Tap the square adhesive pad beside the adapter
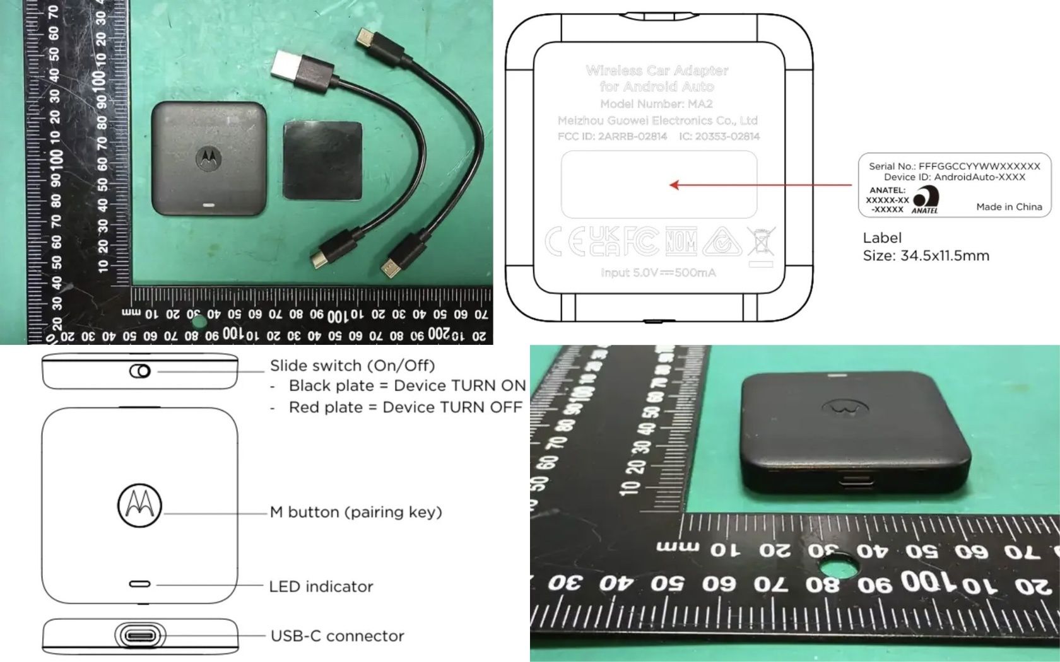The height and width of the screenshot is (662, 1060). [x=322, y=161]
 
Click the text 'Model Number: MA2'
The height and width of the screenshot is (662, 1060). [x=656, y=104]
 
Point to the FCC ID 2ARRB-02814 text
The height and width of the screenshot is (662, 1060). [x=612, y=136]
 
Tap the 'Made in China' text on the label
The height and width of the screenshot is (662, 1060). [x=1009, y=207]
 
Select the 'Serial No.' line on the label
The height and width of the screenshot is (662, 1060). [x=954, y=166]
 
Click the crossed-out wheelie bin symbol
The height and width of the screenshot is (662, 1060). [x=762, y=241]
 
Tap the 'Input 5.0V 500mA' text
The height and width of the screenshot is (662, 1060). [x=658, y=272]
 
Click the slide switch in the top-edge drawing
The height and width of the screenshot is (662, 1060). [x=140, y=371]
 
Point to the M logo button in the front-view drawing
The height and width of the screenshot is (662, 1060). [x=139, y=505]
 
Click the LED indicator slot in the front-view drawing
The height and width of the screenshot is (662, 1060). [x=139, y=584]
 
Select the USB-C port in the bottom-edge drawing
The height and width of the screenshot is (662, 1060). [x=141, y=636]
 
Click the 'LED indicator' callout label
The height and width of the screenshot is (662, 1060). [x=321, y=586]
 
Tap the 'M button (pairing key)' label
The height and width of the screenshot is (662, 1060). [x=356, y=512]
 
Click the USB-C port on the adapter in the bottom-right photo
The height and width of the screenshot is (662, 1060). [x=857, y=484]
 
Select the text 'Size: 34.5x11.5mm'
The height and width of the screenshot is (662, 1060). [x=926, y=256]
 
